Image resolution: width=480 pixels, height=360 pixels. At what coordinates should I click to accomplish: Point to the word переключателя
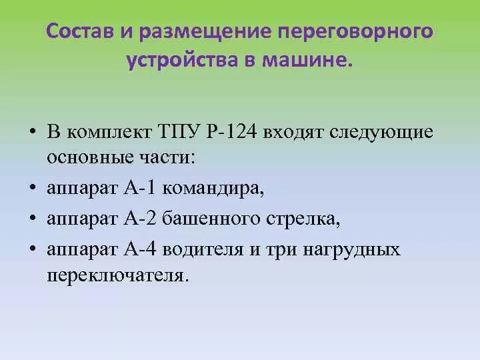114,275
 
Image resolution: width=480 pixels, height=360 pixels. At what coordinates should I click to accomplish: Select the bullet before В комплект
31,131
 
